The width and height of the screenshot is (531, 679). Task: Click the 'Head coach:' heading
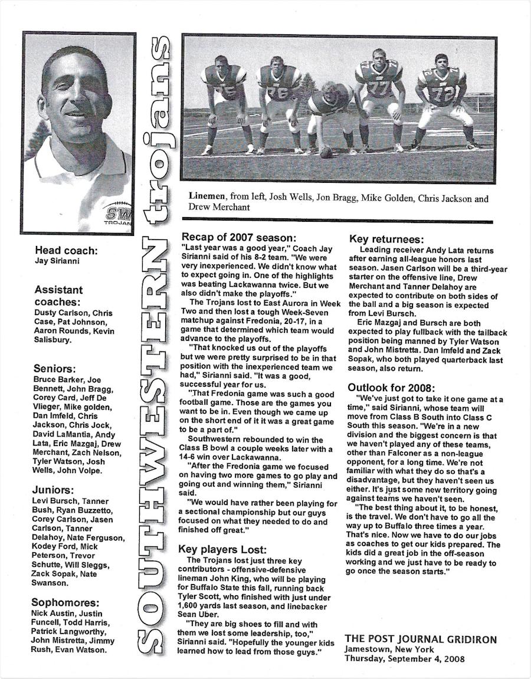pyautogui.click(x=66, y=250)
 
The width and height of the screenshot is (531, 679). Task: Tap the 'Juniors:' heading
pyautogui.click(x=54, y=490)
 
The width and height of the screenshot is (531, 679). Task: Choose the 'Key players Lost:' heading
pyautogui.click(x=222, y=549)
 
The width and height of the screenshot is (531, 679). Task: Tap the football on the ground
pyautogui.click(x=326, y=152)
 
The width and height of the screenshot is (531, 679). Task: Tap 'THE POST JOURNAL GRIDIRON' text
pyautogui.click(x=421, y=639)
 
